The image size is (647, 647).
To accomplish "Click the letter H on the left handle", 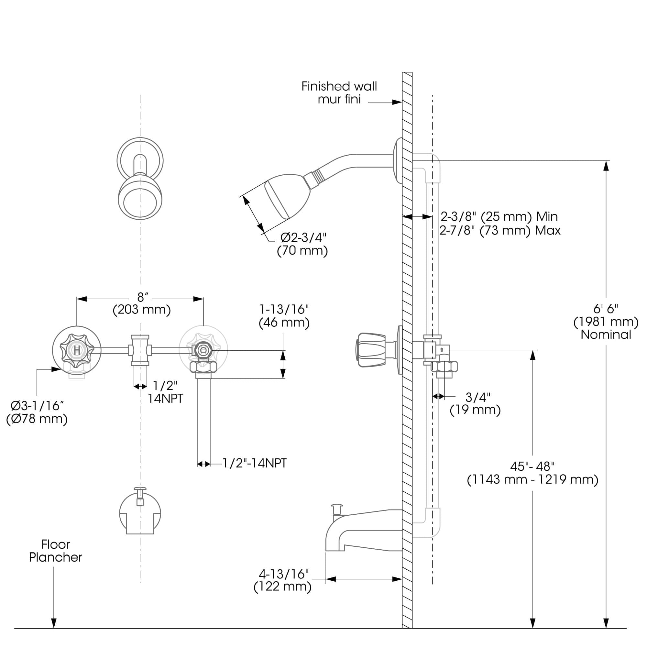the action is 77,350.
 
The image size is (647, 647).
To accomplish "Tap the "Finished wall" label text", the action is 339,86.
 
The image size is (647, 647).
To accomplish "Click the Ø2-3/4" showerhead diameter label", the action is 303,237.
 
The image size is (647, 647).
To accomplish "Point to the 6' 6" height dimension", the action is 606,308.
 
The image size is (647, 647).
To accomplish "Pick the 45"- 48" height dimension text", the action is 532,466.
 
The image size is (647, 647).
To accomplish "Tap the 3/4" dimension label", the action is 478,397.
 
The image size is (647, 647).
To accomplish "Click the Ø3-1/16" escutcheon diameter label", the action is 37,406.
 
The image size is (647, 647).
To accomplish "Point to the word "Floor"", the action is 56,544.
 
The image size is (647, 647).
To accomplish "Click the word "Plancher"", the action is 56,557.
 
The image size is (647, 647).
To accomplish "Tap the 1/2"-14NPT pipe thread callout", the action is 255,463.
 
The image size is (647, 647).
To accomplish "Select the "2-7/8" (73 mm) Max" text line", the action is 500,230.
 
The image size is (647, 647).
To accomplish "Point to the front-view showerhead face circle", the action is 140,203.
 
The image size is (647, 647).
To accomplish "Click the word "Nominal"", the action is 606,334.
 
